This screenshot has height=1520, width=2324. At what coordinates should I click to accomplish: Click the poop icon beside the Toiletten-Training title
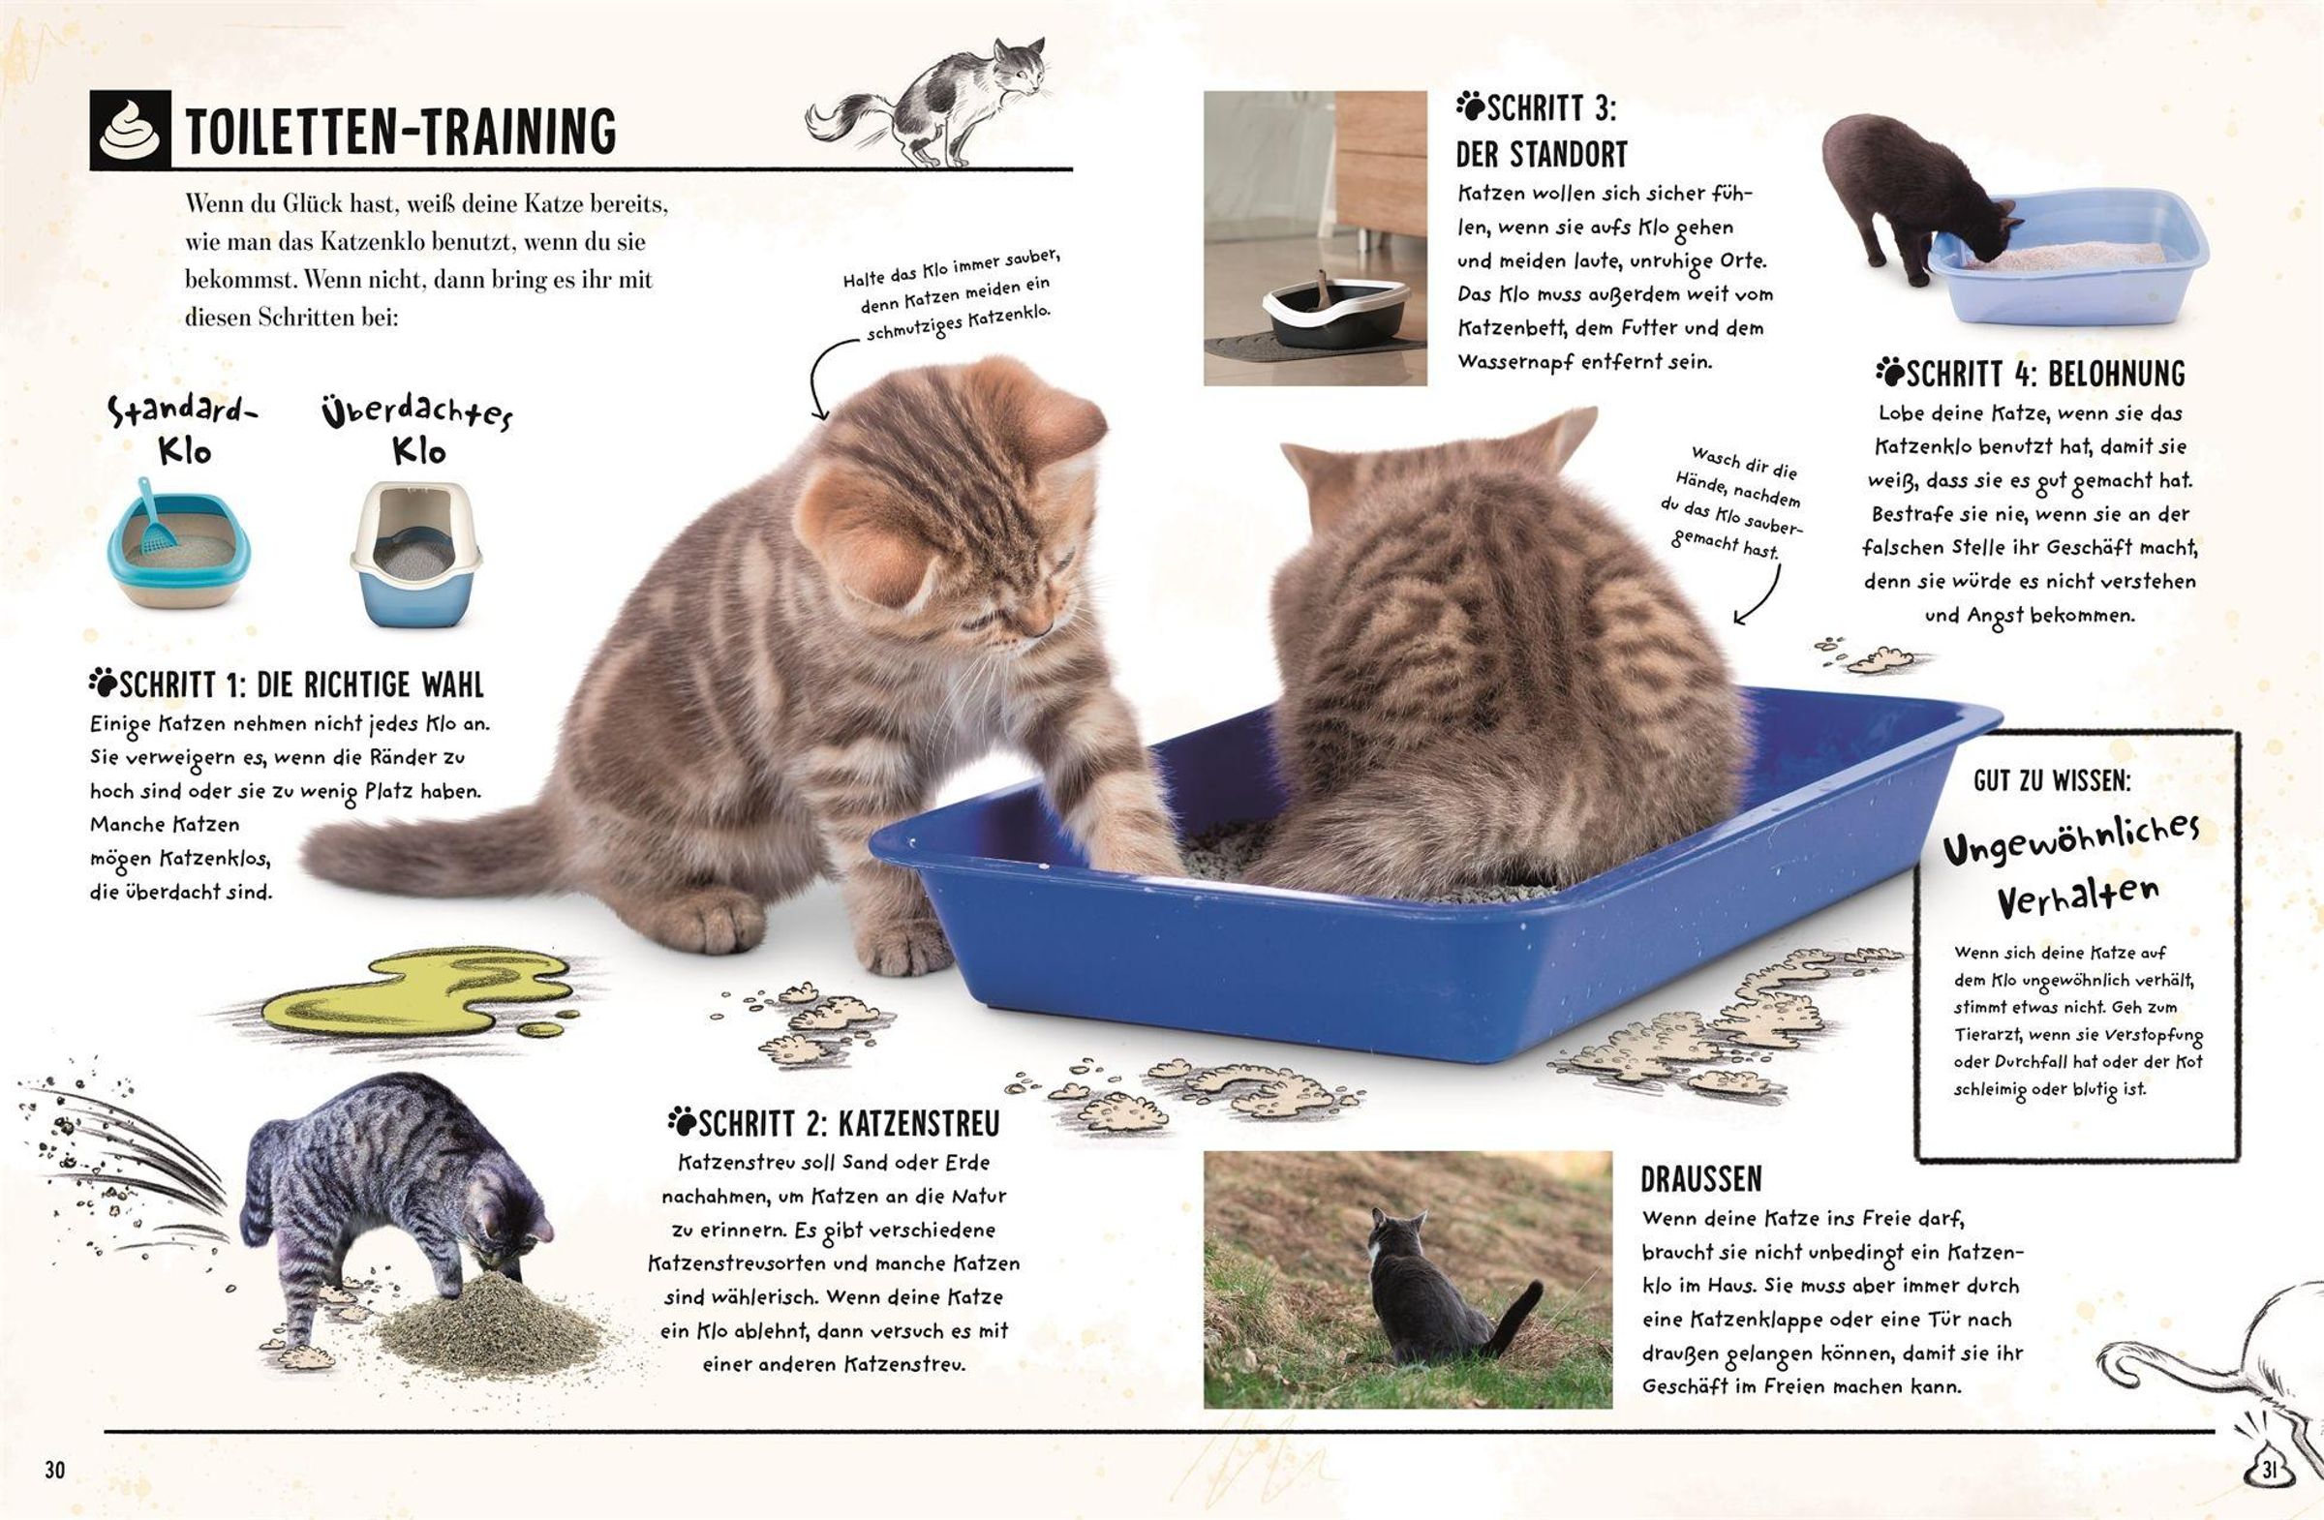[130, 131]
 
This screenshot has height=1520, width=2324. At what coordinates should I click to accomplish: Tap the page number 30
[54, 1471]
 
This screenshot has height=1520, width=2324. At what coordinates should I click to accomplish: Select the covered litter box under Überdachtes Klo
[415, 553]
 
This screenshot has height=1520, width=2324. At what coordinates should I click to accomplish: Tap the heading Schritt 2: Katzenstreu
[835, 1124]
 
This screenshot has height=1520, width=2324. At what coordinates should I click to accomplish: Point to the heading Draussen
[1701, 1179]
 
